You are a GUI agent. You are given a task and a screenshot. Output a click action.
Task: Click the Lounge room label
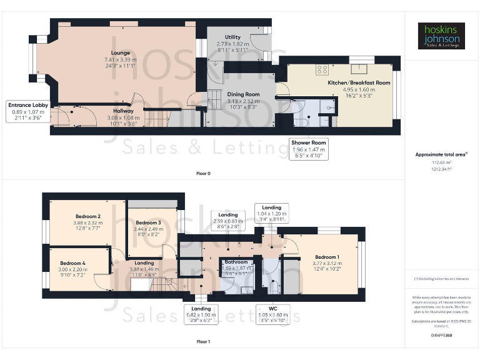coord(121,53)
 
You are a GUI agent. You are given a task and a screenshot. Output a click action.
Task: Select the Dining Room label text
coord(243,94)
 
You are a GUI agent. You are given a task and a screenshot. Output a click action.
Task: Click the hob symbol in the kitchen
coord(322,69)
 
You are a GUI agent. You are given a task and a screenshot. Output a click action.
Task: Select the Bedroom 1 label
coord(328,257)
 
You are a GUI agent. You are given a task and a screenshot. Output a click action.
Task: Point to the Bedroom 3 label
coord(148,222)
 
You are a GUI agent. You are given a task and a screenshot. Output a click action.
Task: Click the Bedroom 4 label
coord(73,263)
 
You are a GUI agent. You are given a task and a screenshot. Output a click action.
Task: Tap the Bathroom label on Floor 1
coord(236,262)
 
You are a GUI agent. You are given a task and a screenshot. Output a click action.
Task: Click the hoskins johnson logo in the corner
coord(441,36)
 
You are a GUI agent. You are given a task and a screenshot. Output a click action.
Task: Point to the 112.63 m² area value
coord(441,162)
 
